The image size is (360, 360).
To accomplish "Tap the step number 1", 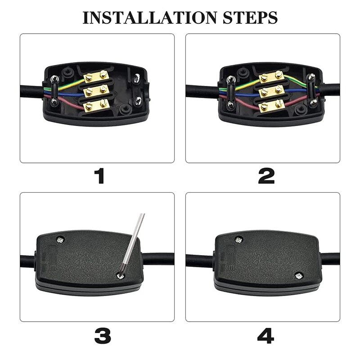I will point(99,176).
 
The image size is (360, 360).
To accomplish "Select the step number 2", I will point(266,176).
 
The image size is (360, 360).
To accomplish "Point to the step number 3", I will point(103,335).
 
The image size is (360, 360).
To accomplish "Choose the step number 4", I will point(265,335).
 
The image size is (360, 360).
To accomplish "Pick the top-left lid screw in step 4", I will point(239,240).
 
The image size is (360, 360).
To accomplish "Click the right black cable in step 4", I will point(330,259).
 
